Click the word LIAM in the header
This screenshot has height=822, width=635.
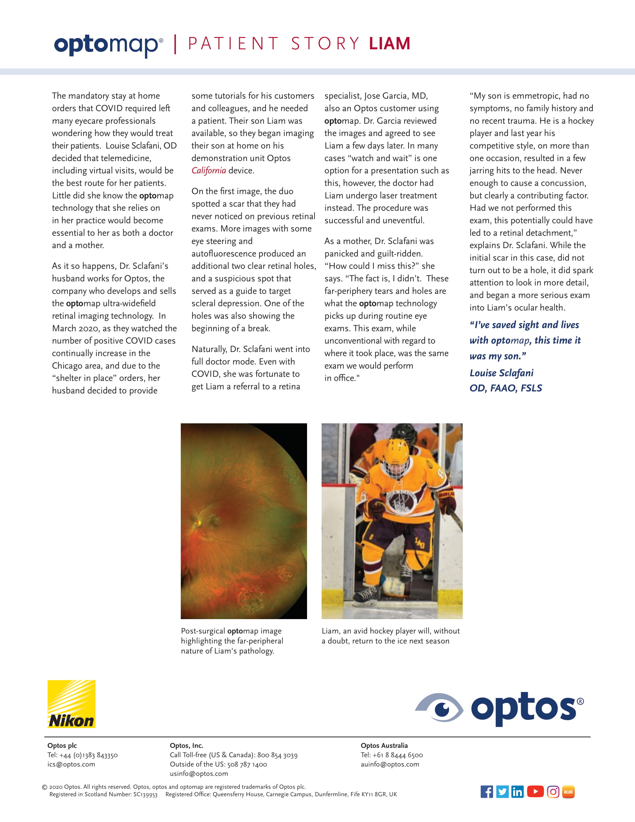389,44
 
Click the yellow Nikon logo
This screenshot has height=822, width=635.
71,704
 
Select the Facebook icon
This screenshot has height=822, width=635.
486,791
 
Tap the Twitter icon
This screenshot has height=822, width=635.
502,791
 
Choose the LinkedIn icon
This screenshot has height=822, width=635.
518,791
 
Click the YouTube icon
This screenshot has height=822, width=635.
535,791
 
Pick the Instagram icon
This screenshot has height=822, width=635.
552,791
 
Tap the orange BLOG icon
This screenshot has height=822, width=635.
568,791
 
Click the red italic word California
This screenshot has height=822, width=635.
209,170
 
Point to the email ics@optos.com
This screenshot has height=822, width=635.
71,764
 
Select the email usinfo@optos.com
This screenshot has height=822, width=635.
199,773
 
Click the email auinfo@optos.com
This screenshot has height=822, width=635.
390,764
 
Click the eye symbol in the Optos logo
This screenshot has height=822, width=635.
440,707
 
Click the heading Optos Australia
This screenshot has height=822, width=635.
384,745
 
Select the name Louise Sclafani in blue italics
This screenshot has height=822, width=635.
501,373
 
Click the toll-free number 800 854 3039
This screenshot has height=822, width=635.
277,755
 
